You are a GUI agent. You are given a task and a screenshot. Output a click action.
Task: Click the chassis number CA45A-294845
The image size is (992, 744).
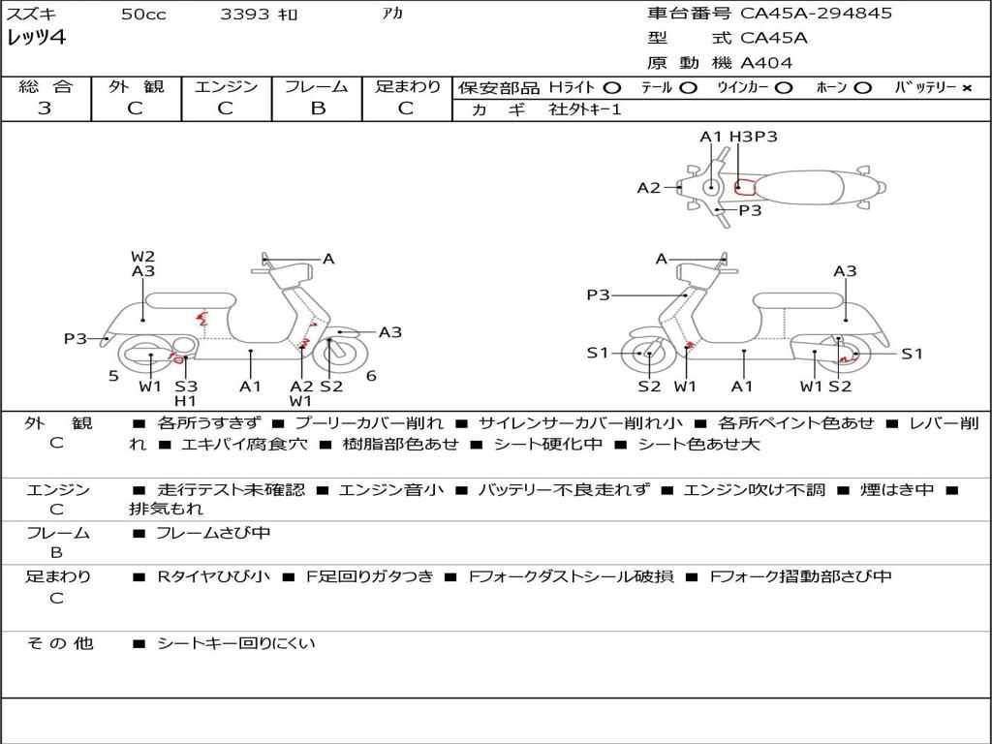(816, 14)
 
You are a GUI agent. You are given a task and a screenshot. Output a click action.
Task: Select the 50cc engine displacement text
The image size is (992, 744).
(143, 15)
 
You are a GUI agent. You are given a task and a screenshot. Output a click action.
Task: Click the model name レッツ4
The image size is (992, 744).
(37, 39)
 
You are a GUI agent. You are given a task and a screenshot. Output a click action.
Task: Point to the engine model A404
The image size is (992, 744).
(766, 63)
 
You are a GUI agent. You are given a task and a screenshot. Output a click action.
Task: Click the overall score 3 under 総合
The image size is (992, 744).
(45, 108)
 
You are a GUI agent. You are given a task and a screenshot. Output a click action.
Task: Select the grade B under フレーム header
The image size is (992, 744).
(317, 108)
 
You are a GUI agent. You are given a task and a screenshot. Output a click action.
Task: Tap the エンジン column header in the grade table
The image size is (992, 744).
(226, 86)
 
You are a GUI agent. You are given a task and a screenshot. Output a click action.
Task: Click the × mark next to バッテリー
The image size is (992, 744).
(966, 87)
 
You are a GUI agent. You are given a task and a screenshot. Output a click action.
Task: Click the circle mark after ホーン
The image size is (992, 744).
(862, 87)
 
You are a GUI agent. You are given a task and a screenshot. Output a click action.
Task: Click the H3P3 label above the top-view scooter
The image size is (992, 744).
(754, 137)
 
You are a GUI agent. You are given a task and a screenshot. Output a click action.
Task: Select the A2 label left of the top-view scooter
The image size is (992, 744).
(648, 188)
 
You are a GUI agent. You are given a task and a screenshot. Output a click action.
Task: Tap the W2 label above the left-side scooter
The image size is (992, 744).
(142, 257)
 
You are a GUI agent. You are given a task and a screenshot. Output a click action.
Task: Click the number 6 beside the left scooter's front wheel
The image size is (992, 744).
(371, 375)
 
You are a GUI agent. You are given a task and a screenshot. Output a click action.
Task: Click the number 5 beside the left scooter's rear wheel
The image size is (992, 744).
(113, 375)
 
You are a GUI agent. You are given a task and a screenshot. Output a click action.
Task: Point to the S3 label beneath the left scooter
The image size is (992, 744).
(186, 387)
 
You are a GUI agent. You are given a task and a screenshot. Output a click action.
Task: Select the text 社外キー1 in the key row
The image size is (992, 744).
(585, 109)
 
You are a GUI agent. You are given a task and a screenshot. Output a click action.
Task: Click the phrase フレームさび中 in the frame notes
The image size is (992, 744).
(213, 533)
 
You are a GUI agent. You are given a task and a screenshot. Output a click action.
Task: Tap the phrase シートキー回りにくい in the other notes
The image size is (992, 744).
(235, 642)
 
